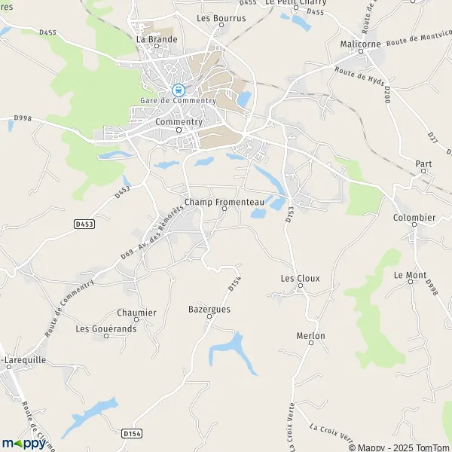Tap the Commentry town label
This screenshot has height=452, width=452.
[x=179, y=121]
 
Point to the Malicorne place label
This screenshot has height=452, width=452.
[x=362, y=44]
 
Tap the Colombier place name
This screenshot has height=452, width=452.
[x=414, y=218]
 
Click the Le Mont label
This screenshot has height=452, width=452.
[x=410, y=275]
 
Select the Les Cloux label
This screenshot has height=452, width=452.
[x=300, y=278]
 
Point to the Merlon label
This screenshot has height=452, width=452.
[x=310, y=335]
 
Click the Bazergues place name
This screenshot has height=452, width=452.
[x=209, y=309]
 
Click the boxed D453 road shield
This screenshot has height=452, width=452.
[x=84, y=224]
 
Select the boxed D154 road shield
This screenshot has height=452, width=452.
[x=130, y=433]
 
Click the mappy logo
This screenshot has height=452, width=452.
[x=23, y=442]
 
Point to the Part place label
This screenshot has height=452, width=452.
[x=423, y=163]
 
